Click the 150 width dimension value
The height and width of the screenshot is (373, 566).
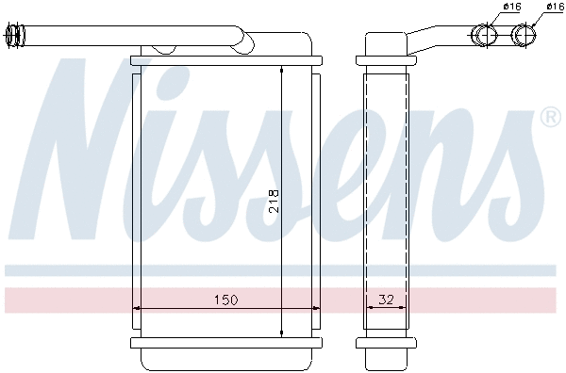pyautogui.click(x=225, y=300)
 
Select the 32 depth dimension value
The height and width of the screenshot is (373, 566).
pyautogui.click(x=385, y=300)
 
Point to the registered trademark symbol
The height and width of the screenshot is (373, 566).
pyautogui.click(x=550, y=118)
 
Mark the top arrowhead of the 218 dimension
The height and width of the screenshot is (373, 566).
pyautogui.click(x=282, y=70)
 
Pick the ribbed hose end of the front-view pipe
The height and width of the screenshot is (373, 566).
pyautogui.click(x=16, y=37)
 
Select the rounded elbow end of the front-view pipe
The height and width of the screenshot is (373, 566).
pyautogui.click(x=243, y=41)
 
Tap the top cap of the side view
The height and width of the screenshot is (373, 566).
pyautogui.click(x=385, y=45)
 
